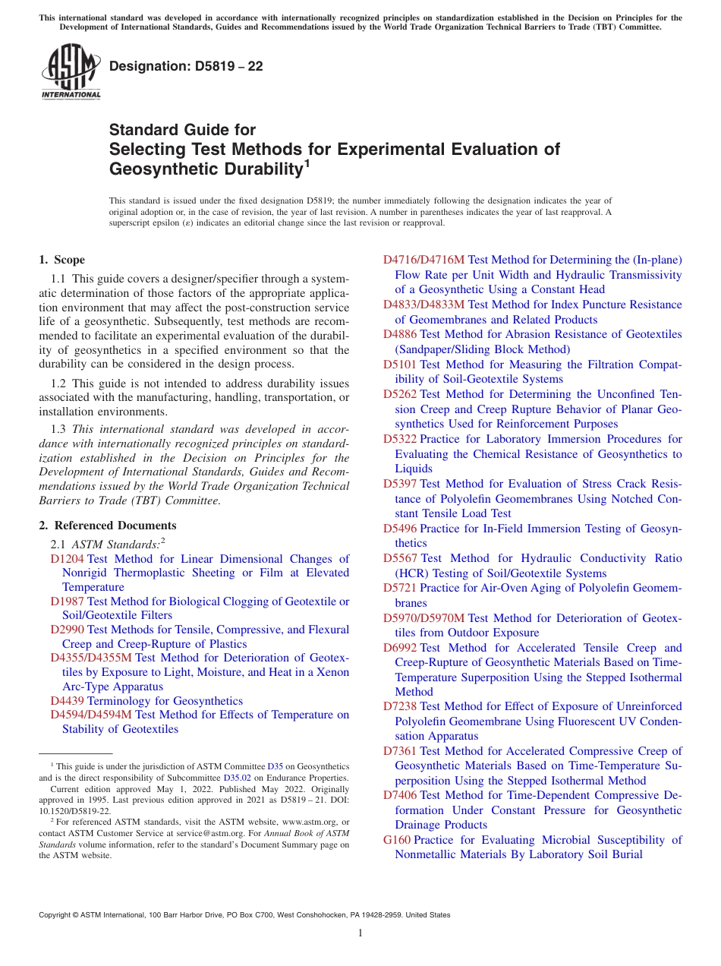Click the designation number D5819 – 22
coord(186,67)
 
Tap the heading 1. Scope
coord(62,260)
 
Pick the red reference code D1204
coord(68,559)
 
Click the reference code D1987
coord(68,601)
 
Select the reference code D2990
coord(68,630)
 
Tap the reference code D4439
coord(68,701)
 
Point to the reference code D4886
coord(400,334)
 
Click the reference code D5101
coord(400,365)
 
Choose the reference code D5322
coord(400,439)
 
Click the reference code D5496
coord(400,529)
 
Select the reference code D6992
coord(400,648)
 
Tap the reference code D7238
coord(400,706)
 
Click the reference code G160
coord(397,840)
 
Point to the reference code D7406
coord(400,795)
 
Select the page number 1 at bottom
coord(360,933)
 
